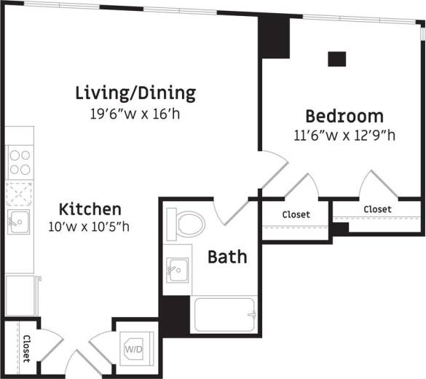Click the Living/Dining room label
coord(135,93)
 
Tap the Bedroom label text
coord(344,116)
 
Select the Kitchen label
coord(90,208)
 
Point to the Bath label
coord(227,257)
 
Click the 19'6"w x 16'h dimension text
coord(135,114)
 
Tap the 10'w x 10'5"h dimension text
coord(90,226)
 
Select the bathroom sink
coord(175,270)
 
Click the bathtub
coord(224,314)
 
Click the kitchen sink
coord(17,222)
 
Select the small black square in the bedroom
coord(336,59)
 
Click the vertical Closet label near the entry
coord(26,349)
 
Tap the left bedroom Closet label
coord(296,214)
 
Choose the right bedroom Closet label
coord(377,209)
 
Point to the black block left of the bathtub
coord(174,316)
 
